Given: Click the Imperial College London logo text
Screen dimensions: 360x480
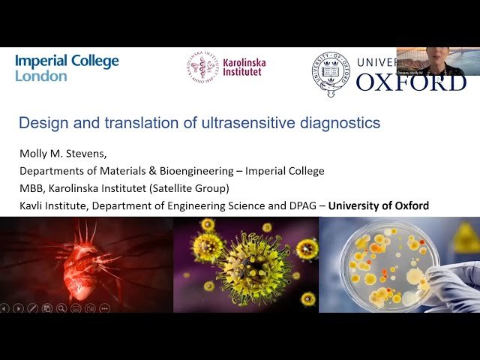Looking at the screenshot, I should (67, 68).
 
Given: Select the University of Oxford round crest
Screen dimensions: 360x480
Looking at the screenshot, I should (330, 74).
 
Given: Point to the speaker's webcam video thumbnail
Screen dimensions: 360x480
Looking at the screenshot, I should (438, 61).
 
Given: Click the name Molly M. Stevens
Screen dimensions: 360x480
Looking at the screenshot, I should (61, 154).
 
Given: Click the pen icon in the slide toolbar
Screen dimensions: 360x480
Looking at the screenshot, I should (32, 307).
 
